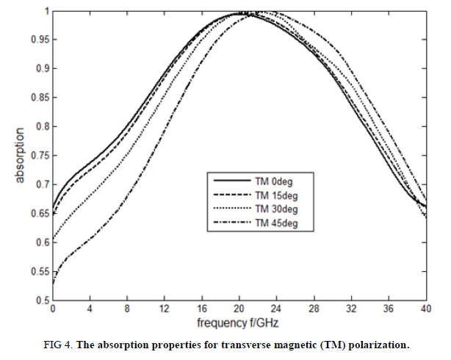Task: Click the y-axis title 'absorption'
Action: (21, 156)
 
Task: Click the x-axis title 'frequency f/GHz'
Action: (239, 323)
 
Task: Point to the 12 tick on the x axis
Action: (164, 310)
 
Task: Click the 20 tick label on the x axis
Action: (239, 310)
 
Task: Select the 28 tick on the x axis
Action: (314, 310)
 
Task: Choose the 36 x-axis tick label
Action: (389, 310)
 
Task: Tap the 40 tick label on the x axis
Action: (425, 310)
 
